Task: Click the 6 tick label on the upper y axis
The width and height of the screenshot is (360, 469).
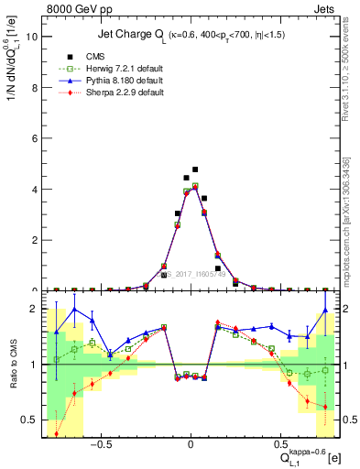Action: tap(34, 138)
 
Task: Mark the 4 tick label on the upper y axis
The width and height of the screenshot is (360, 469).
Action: tap(34, 190)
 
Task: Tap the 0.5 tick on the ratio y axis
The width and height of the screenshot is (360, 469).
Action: tap(30, 420)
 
